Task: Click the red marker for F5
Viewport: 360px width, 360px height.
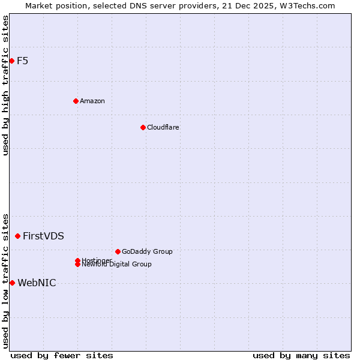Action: click(11, 61)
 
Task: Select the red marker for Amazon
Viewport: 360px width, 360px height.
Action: click(76, 101)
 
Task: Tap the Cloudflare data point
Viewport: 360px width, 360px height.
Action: click(143, 127)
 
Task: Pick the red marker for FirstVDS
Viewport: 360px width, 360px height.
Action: click(17, 236)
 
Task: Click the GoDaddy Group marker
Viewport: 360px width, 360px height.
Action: click(118, 251)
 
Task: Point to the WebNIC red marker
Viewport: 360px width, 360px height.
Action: click(12, 283)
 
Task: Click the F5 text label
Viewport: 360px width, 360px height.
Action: click(22, 61)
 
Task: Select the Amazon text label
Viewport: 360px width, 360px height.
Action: click(92, 101)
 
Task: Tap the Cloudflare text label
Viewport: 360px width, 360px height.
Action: click(163, 127)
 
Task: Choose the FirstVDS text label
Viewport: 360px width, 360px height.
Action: click(43, 236)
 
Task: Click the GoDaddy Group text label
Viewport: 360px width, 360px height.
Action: click(147, 251)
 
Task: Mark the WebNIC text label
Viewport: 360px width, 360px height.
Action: click(37, 283)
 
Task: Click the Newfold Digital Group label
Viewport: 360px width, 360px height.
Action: click(117, 265)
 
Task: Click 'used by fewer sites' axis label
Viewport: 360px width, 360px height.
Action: click(62, 355)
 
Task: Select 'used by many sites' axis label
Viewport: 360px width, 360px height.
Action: click(301, 355)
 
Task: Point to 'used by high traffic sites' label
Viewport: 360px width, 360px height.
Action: click(6, 85)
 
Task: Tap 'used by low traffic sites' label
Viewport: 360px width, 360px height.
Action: click(6, 280)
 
